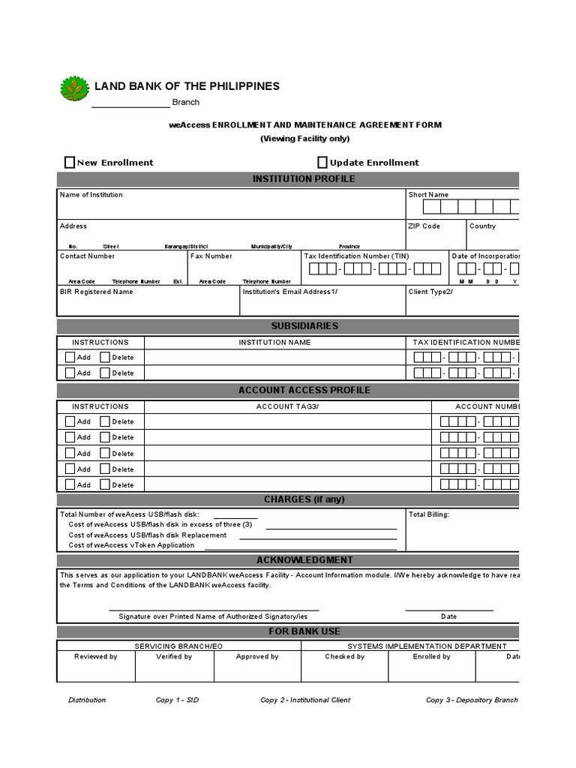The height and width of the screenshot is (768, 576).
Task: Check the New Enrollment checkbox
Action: pos(70,162)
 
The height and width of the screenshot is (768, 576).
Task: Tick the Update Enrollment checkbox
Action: pos(322,162)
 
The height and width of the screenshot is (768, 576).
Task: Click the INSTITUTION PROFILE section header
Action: pos(304,179)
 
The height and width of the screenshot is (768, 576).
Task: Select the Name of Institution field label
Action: pos(91,195)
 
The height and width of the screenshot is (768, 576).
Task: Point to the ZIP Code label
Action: pos(424,226)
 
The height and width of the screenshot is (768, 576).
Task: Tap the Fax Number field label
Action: pos(211,256)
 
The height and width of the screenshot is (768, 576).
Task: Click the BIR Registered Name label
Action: pos(96,292)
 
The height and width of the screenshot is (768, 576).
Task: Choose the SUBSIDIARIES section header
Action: pos(304,326)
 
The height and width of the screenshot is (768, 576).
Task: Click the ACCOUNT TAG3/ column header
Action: pos(287,406)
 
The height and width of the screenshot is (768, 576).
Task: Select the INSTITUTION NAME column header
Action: pos(274,343)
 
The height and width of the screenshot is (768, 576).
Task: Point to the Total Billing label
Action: pos(429,515)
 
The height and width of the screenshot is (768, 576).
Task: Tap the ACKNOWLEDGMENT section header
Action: pos(304,560)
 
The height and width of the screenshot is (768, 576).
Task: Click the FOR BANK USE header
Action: pos(304,631)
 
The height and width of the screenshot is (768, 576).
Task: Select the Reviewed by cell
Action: pos(95,657)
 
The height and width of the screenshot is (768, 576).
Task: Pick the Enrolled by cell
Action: pos(431,657)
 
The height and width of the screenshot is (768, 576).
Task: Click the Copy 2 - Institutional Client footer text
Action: pos(305,700)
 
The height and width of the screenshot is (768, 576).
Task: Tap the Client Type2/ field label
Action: pos(430,292)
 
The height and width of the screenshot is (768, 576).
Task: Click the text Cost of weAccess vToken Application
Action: pos(131,545)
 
